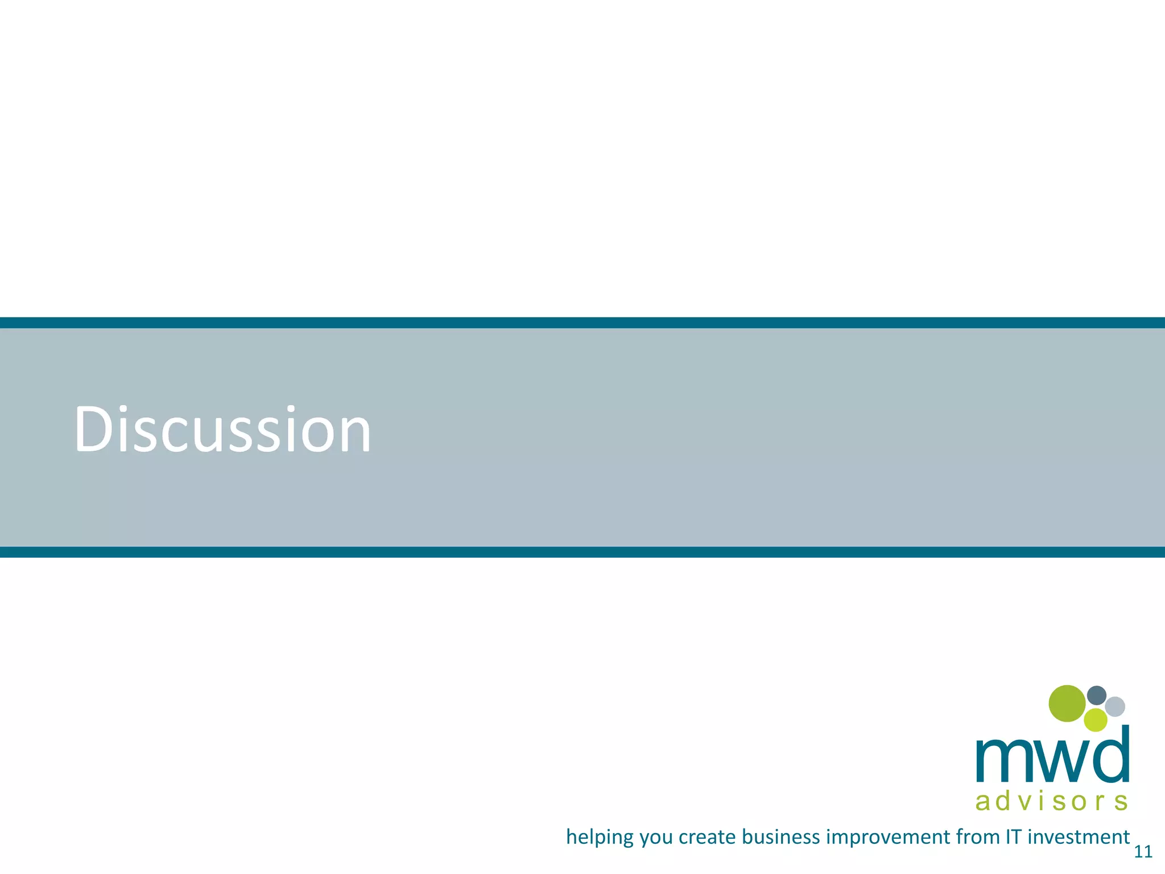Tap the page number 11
point(1143,852)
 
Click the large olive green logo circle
point(1067,703)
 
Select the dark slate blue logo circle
point(1097,695)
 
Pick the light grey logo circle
point(1115,707)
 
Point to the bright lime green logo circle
point(1096,720)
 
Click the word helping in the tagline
point(600,838)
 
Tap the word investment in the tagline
point(1079,837)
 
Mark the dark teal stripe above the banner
point(582,323)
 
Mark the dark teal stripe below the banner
point(582,552)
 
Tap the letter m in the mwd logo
point(1002,761)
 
